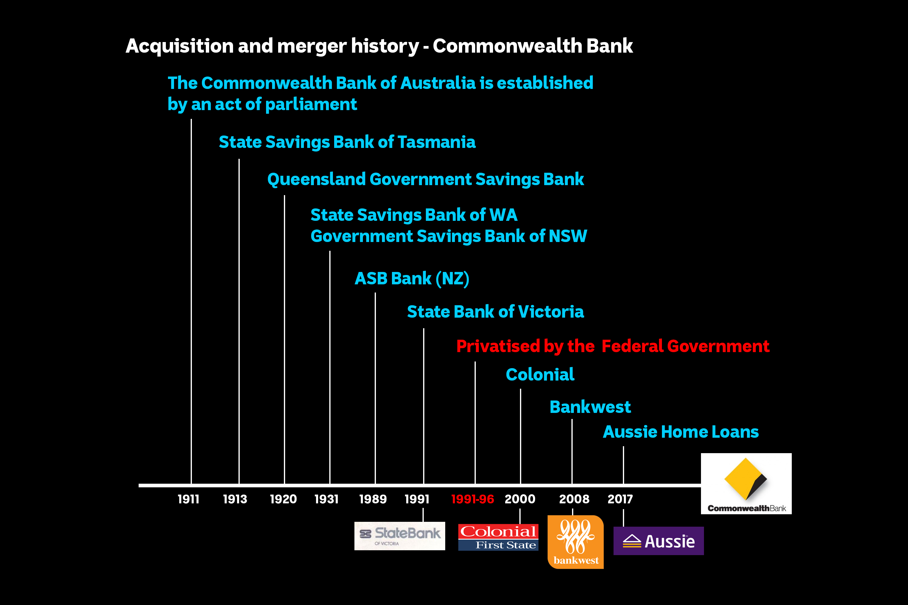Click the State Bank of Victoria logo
pyautogui.click(x=400, y=536)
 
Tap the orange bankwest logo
pyautogui.click(x=575, y=542)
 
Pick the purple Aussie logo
pyautogui.click(x=658, y=541)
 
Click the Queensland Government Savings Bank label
pyautogui.click(x=426, y=179)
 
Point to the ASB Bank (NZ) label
pyautogui.click(x=412, y=279)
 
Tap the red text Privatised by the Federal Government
pyautogui.click(x=613, y=346)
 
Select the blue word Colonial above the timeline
pyautogui.click(x=540, y=375)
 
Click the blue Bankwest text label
pyautogui.click(x=590, y=407)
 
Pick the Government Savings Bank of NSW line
pyautogui.click(x=448, y=236)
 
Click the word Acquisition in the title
pyautogui.click(x=179, y=46)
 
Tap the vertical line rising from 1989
pyautogui.click(x=375, y=386)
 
